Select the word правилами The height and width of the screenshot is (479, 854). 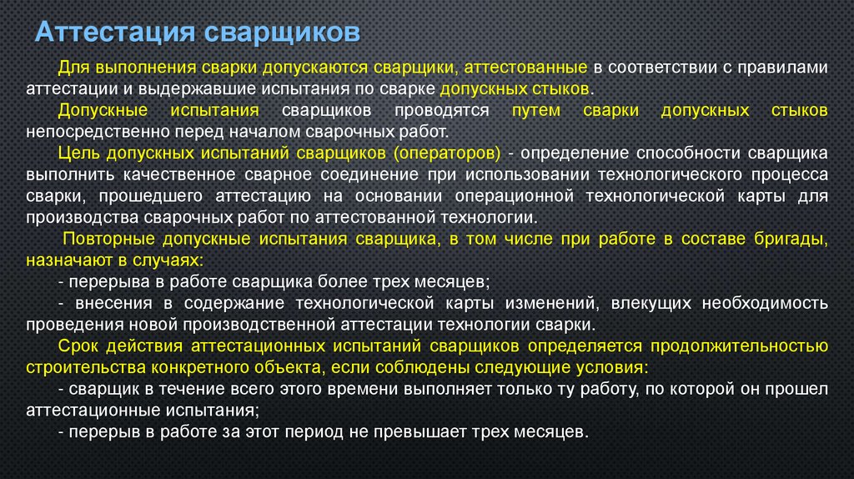point(788,68)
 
